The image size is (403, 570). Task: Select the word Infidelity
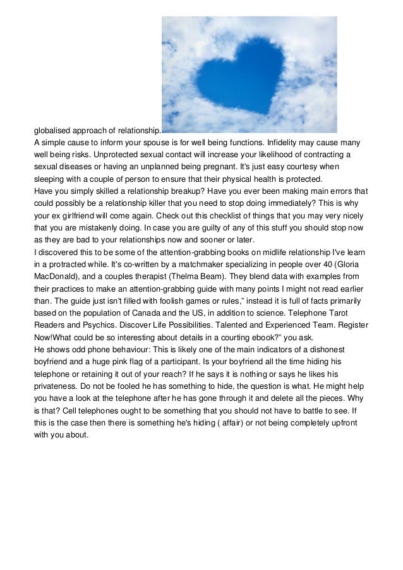[278, 143]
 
